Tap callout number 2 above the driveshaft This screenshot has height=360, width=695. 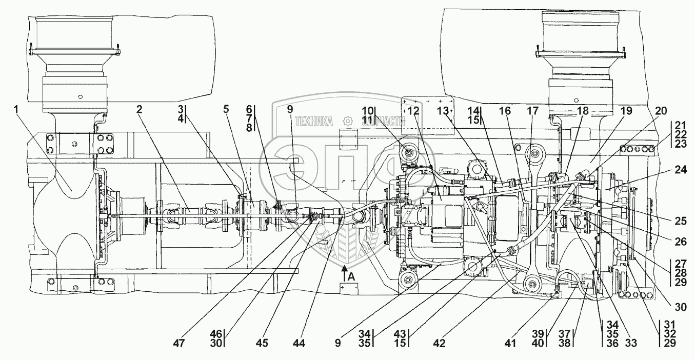pyautogui.click(x=140, y=110)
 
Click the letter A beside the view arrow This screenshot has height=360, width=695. pyautogui.click(x=351, y=276)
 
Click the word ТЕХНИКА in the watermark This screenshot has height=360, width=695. pyautogui.click(x=314, y=121)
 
